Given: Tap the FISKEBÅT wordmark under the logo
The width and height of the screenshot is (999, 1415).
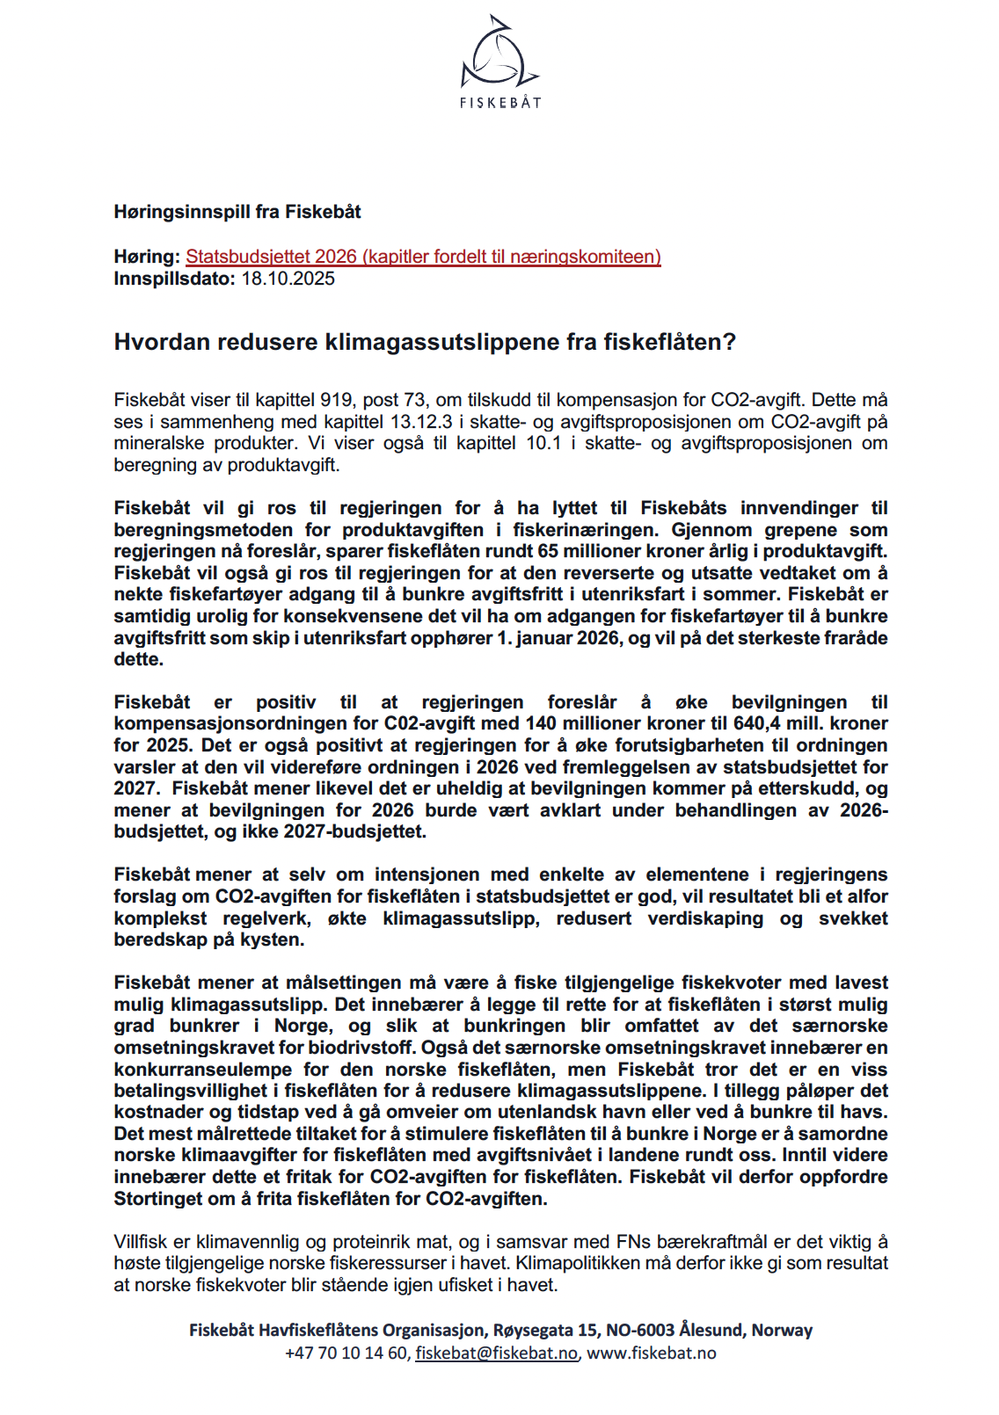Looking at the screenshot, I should (499, 103).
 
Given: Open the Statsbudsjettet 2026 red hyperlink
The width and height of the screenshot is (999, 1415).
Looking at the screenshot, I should (423, 257).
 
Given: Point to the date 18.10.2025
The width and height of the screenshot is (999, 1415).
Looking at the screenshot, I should (288, 279).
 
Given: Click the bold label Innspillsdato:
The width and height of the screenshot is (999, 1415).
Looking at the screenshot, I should (175, 279).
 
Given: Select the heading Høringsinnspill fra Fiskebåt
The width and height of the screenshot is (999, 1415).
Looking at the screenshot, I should (237, 212).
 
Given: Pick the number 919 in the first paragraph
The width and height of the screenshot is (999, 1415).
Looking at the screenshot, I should (337, 400).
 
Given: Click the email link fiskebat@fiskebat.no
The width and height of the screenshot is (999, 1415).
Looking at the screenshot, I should (496, 1353).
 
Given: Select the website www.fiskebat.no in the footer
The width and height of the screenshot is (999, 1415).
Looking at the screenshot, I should (652, 1353).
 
